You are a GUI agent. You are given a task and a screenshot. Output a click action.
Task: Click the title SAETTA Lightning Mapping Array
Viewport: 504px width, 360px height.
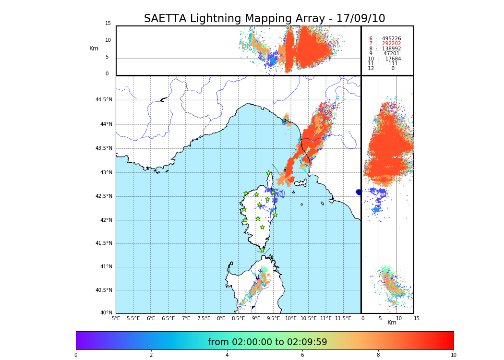click(x=264, y=19)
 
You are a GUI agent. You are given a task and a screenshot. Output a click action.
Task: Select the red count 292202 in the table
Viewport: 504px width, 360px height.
click(x=391, y=44)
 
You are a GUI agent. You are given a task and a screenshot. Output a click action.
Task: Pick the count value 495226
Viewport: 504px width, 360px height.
click(x=391, y=39)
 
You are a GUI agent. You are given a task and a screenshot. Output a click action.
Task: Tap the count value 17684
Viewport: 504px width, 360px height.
click(x=393, y=59)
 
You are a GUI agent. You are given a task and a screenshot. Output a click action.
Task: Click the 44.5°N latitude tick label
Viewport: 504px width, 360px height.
click(x=104, y=100)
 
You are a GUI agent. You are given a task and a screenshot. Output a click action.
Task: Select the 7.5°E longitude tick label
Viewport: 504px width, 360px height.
click(x=204, y=319)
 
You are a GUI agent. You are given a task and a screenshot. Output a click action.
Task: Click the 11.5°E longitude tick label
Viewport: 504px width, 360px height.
click(x=343, y=319)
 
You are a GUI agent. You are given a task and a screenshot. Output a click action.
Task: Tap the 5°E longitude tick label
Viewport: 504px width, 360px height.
click(x=116, y=319)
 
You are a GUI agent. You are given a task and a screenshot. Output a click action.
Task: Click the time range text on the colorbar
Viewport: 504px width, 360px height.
click(x=267, y=342)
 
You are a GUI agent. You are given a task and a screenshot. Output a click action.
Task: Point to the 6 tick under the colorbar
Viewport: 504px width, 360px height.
click(x=302, y=355)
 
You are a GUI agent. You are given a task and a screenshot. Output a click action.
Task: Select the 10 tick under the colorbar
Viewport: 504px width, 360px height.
click(x=453, y=355)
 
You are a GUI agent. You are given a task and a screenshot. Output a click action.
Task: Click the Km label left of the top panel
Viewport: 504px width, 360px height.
click(x=94, y=48)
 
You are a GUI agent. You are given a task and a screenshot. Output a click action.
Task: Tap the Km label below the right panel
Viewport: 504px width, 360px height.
click(x=392, y=323)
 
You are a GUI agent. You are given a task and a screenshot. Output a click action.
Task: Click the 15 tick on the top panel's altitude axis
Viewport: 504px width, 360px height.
click(x=108, y=24)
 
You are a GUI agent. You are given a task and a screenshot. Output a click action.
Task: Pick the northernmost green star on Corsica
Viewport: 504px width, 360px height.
click(x=269, y=173)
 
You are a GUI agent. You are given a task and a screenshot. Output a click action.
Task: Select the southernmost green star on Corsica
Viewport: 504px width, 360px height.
click(x=262, y=250)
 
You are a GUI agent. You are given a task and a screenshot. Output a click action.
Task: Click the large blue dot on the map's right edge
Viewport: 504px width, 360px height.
click(x=359, y=192)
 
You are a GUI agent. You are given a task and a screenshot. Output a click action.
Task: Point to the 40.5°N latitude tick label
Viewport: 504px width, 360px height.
click(x=104, y=290)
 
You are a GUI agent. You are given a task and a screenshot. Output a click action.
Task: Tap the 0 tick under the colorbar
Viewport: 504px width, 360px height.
click(x=76, y=355)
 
